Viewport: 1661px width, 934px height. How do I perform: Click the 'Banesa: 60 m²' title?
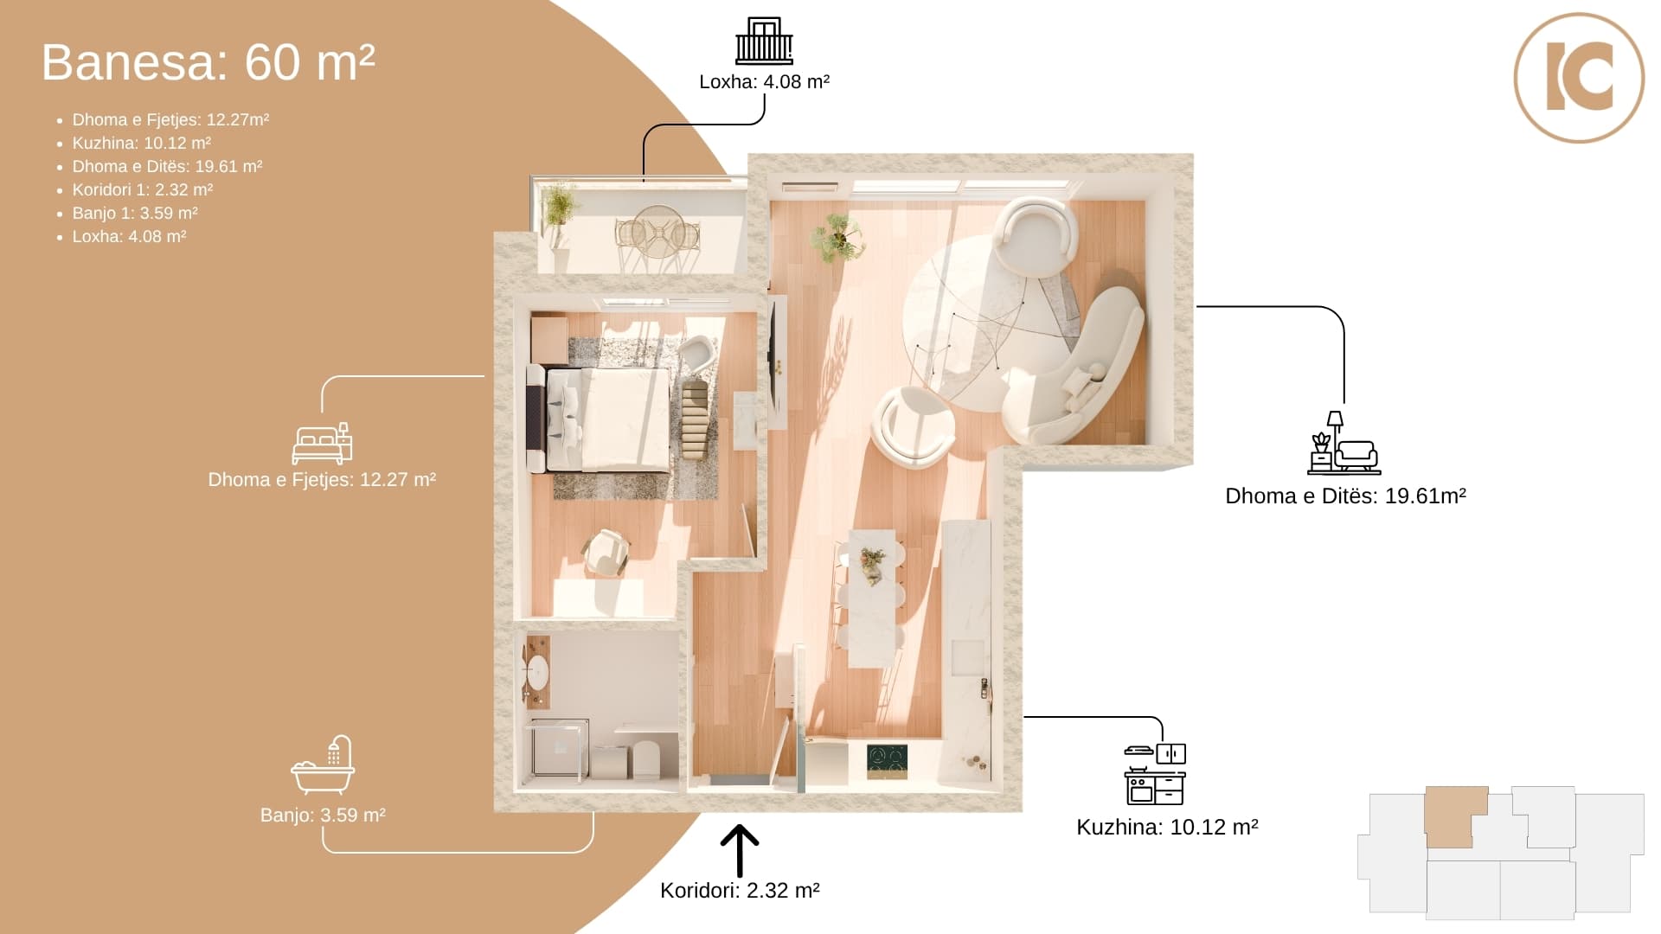pyautogui.click(x=208, y=62)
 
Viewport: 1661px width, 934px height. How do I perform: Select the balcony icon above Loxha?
pyautogui.click(x=764, y=41)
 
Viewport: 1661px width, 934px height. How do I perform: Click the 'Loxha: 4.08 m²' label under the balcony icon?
pyautogui.click(x=764, y=81)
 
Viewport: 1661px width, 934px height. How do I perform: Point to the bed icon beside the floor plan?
pyautogui.click(x=322, y=444)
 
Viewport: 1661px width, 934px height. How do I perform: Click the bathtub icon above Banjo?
pyautogui.click(x=323, y=765)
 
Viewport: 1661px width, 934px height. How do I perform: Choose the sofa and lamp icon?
pyautogui.click(x=1344, y=443)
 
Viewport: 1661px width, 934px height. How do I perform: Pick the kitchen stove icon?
pyautogui.click(x=1155, y=775)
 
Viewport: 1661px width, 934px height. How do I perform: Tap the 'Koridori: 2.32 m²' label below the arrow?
pyautogui.click(x=740, y=891)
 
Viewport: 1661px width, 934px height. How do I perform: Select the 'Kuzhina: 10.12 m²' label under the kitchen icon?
pyautogui.click(x=1167, y=827)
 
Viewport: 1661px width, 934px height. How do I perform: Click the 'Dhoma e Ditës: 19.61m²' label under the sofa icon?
pyautogui.click(x=1345, y=496)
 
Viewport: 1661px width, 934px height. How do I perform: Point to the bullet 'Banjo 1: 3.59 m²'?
pyautogui.click(x=135, y=213)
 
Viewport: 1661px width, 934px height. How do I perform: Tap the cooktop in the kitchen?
pyautogui.click(x=888, y=761)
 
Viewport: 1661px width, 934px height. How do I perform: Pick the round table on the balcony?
pyautogui.click(x=657, y=232)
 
